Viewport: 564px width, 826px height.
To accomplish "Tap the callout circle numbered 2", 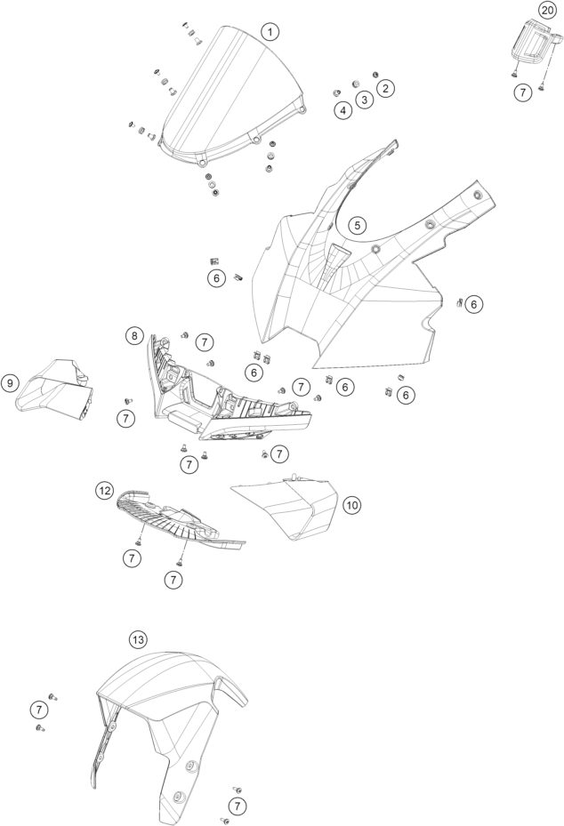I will pyautogui.click(x=385, y=87).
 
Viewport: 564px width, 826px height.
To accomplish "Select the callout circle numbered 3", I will pyautogui.click(x=365, y=100).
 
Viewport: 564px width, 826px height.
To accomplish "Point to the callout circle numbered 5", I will pyautogui.click(x=357, y=226).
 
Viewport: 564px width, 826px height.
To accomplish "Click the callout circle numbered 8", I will pyautogui.click(x=133, y=336).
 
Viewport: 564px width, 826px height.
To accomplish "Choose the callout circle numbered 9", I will pyautogui.click(x=10, y=383).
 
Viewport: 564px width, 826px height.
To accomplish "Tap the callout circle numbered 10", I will pyautogui.click(x=352, y=504).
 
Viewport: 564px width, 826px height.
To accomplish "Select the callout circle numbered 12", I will pyautogui.click(x=105, y=490).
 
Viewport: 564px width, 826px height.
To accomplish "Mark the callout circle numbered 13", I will pyautogui.click(x=137, y=639).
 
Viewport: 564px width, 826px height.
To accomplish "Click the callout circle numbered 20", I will pyautogui.click(x=545, y=10).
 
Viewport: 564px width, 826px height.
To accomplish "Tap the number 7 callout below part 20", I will pyautogui.click(x=524, y=91).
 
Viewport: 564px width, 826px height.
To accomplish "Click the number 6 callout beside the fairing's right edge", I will pyautogui.click(x=474, y=304).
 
